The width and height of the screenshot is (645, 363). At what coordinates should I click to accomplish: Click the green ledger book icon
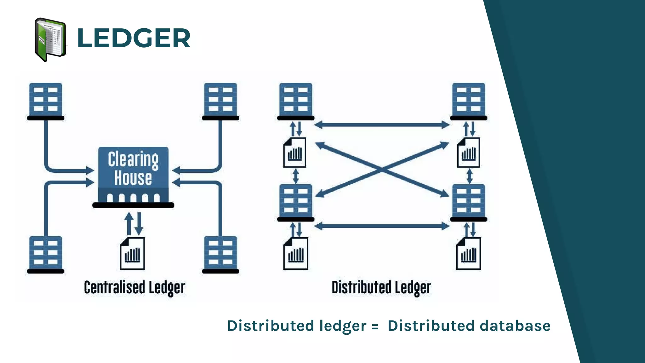click(50, 40)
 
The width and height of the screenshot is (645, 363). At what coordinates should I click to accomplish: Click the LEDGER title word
click(134, 38)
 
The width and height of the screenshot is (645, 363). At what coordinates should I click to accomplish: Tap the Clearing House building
click(133, 176)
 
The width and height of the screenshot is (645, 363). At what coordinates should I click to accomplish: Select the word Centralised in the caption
click(114, 287)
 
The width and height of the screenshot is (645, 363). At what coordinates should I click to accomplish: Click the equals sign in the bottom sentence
click(375, 327)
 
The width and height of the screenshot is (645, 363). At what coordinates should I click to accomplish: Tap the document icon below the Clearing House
click(132, 254)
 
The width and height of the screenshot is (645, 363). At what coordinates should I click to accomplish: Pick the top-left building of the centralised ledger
click(46, 101)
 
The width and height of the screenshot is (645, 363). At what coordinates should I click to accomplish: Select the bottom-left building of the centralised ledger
click(46, 254)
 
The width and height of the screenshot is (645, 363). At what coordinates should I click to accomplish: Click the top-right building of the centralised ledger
click(220, 101)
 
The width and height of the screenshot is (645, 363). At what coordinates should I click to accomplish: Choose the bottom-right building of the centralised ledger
click(220, 254)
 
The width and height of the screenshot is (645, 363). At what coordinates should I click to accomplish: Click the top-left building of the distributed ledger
click(296, 101)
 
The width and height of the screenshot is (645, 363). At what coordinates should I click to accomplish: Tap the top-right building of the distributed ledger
click(468, 101)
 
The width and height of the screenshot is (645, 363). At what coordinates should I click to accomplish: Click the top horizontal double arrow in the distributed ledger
click(382, 125)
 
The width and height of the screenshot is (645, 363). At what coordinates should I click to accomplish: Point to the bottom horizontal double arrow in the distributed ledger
click(382, 226)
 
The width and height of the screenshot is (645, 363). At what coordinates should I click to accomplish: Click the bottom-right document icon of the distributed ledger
click(468, 254)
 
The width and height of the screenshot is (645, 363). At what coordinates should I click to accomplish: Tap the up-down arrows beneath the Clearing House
click(134, 223)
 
